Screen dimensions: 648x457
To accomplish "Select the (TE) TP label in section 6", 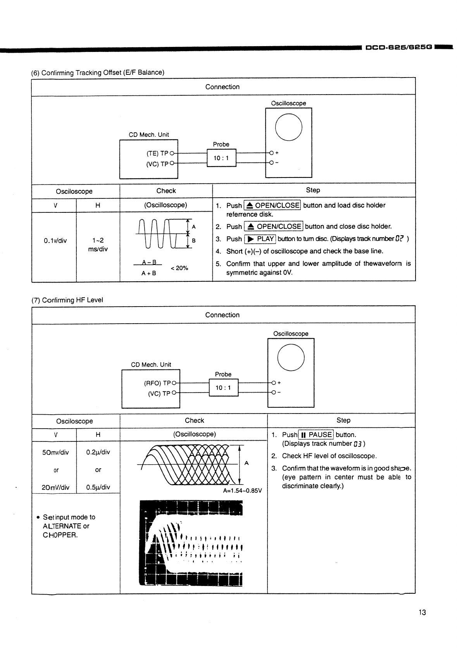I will pos(157,153).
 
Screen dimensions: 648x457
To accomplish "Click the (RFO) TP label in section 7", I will pos(157,383).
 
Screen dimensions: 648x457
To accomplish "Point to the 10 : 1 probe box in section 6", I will pos(221,158).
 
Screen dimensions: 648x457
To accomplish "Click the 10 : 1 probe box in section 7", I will pos(223,388).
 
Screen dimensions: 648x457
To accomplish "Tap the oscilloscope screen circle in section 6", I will pos(288,128).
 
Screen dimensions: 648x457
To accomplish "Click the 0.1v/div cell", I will pos(55,241).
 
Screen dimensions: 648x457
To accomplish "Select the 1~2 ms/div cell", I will pos(98,245).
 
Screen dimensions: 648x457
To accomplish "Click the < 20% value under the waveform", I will pos(179,268).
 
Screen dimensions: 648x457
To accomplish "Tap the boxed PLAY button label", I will pos(260,239).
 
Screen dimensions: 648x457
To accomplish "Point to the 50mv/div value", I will pos(55,452).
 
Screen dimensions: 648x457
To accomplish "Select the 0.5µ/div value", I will pos(98,487).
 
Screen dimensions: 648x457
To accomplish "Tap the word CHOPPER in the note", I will pos(60,535).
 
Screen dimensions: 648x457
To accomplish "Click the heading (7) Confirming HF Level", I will pos(67,300).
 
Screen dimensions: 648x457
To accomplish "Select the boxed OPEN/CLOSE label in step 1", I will pos(272,205).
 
